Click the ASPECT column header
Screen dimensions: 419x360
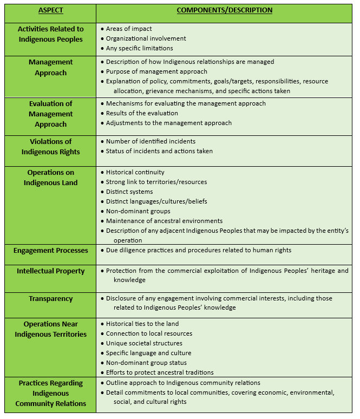coord(50,10)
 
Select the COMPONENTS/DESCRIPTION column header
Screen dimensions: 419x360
coord(225,10)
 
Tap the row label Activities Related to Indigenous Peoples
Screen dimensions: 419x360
coord(50,34)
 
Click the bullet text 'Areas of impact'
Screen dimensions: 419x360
coord(129,29)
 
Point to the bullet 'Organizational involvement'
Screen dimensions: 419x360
coord(146,38)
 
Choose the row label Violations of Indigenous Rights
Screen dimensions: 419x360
coord(50,147)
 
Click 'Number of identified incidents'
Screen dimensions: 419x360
coord(150,141)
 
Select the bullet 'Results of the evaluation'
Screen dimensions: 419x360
coord(142,113)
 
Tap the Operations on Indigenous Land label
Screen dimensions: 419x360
coord(50,178)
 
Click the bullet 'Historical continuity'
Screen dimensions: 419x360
coord(135,172)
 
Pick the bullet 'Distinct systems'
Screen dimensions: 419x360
coord(129,192)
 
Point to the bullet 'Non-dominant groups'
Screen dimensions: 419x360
coord(138,211)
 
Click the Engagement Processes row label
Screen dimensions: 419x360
coord(50,251)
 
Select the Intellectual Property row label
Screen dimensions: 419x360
coord(50,271)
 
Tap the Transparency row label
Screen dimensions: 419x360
coord(50,298)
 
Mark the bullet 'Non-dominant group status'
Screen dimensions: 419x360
coord(146,363)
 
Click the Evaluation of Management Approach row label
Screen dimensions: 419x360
coord(50,114)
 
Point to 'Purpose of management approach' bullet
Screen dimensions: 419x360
coord(156,71)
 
